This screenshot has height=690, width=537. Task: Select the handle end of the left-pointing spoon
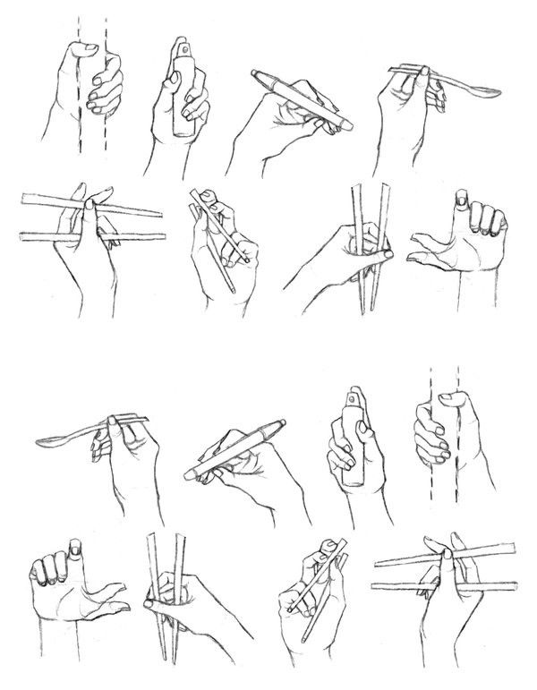[145, 419]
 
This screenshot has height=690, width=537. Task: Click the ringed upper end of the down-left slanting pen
[278, 422]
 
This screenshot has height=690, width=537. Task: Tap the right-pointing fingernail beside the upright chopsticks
[388, 256]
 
